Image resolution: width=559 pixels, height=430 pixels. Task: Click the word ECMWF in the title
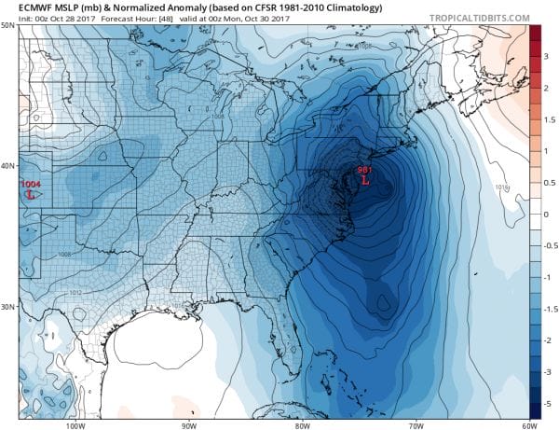point(24,7)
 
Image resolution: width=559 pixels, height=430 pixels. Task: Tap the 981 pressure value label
point(364,169)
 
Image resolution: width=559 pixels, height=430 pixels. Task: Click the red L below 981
point(365,180)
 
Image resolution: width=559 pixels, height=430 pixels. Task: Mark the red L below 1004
point(32,196)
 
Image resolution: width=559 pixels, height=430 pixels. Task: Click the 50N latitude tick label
point(7,25)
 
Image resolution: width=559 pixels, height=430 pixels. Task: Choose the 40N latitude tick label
point(7,167)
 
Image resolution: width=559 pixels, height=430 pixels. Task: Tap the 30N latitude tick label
point(7,306)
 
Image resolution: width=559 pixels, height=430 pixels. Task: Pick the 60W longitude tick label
point(528,425)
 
